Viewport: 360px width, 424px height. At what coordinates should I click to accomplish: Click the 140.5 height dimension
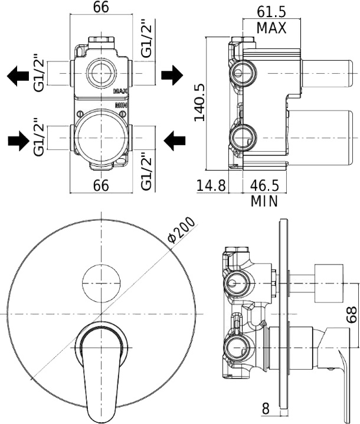pos(199,102)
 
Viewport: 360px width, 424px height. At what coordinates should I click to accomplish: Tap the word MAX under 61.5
pos(271,27)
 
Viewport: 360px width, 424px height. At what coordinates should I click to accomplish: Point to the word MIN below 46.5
pos(264,201)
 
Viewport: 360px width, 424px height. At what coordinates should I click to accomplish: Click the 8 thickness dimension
pos(266,407)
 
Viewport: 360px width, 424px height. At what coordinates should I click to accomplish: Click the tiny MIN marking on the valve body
pos(121,105)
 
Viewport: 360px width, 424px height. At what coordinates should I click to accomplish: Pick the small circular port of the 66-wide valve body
pos(102,74)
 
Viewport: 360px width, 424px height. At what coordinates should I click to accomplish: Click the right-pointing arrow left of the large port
pos(18,141)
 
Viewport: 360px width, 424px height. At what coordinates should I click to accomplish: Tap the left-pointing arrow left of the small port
pos(18,75)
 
